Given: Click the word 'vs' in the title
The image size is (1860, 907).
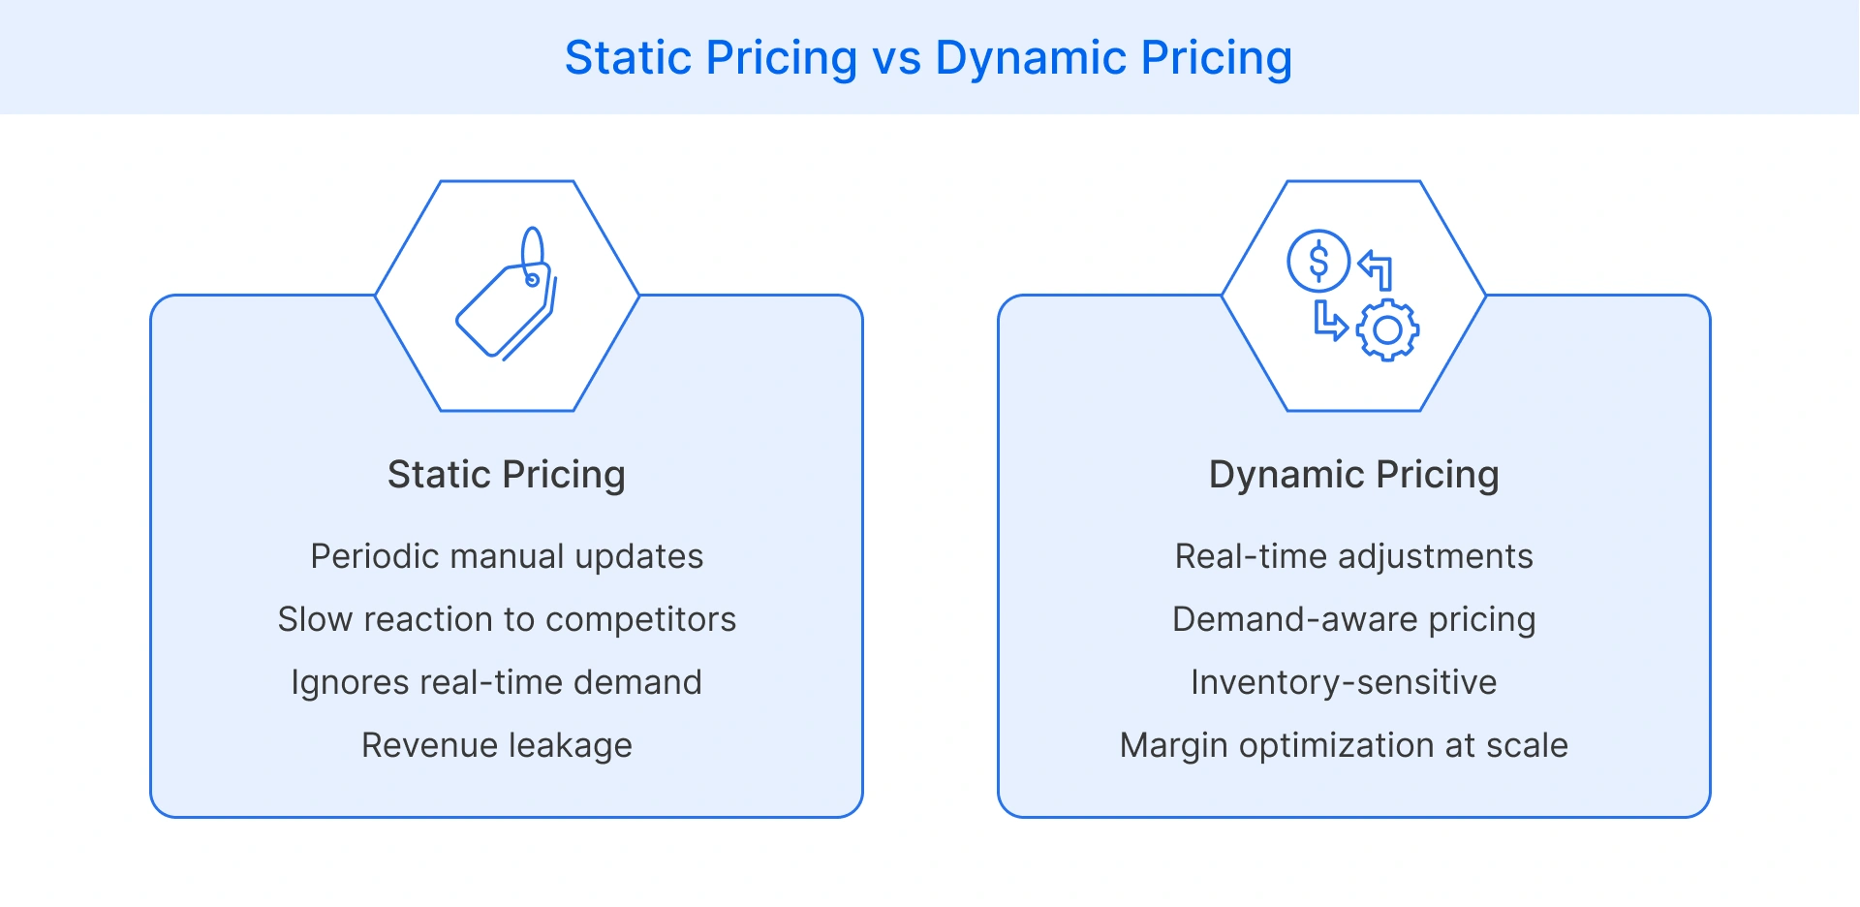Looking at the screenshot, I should (896, 58).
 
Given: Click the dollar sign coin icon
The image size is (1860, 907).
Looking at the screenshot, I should (1317, 261).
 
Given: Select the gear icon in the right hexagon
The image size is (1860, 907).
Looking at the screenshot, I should (1387, 330).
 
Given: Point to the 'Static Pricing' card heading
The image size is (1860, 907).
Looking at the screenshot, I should (506, 475).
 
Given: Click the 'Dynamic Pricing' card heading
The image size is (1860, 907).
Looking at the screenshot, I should (1353, 475).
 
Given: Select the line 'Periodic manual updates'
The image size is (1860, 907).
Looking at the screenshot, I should (507, 556).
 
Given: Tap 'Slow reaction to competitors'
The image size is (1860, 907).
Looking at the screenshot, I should (507, 619).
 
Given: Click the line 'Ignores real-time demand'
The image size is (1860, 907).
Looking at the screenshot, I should (496, 682).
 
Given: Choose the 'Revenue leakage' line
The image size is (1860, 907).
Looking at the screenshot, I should (496, 745).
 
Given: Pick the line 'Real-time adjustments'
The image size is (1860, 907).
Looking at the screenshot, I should (1353, 556).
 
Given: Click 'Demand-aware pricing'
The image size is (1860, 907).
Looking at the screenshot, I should (1353, 619).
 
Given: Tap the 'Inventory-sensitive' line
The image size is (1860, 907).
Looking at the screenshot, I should (1344, 682).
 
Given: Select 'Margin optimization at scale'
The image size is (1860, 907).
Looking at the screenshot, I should (1344, 745).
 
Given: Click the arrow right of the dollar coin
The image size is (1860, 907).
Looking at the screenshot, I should (1377, 269).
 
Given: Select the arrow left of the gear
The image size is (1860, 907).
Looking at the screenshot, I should (1329, 321).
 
